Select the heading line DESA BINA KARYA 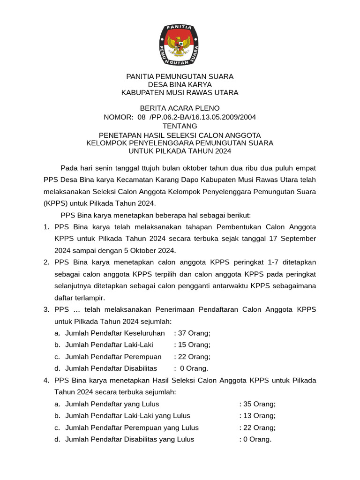point(180,84)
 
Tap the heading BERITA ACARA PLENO point(180,108)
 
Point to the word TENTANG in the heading point(180,126)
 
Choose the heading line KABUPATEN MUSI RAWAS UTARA point(180,93)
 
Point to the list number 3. point(46,309)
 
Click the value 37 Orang point(192,333)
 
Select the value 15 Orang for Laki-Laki point(192,345)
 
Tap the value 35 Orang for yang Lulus point(257,404)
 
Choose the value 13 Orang point(257,416)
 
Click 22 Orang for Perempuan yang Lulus point(257,427)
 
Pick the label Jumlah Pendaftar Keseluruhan point(115,333)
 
